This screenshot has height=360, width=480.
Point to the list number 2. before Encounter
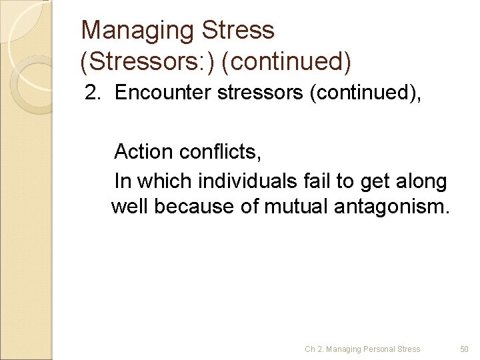[x=93, y=93]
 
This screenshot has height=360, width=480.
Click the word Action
[x=143, y=152]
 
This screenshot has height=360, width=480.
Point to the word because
[x=193, y=207]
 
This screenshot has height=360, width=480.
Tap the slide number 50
[x=465, y=349]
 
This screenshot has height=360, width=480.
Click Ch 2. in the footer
[x=313, y=349]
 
